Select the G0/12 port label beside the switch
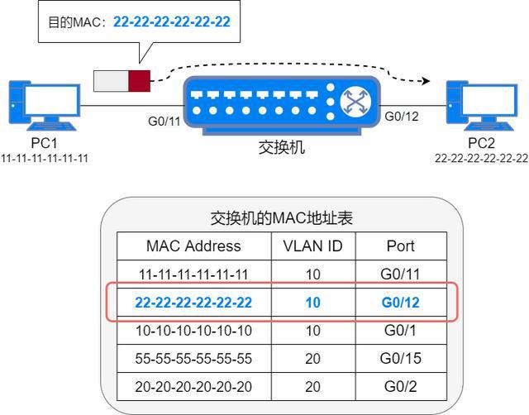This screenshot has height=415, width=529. [x=402, y=116]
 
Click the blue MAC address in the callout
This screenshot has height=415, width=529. [x=171, y=22]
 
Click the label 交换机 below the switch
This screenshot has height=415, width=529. [x=282, y=149]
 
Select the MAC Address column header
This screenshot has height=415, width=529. [x=193, y=246]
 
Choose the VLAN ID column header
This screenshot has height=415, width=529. [x=312, y=246]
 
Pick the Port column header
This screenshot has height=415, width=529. [x=401, y=246]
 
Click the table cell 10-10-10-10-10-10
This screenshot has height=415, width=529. [x=193, y=331]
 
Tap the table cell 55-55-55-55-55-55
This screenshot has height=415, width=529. [x=193, y=359]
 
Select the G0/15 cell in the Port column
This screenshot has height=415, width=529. [x=401, y=359]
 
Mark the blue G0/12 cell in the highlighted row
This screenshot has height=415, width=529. [x=401, y=303]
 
